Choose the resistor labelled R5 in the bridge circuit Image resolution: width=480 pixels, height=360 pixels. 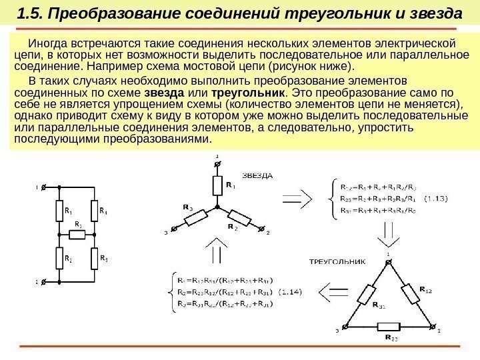click(96, 258)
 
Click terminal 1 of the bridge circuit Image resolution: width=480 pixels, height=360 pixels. click(43, 188)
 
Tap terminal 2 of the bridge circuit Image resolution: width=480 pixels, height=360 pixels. click(43, 282)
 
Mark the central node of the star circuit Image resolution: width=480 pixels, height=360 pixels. click(216, 207)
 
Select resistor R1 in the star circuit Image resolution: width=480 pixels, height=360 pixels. click(216, 185)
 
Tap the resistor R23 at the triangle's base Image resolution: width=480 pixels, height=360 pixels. click(389, 327)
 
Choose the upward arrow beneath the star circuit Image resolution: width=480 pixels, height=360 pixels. click(216, 254)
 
